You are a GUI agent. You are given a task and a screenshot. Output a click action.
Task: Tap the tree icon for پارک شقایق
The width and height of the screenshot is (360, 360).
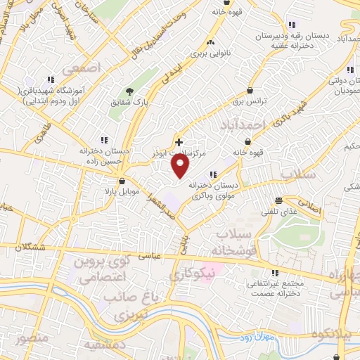129,91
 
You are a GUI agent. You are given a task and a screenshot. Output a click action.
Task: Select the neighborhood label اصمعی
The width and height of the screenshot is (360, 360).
81,69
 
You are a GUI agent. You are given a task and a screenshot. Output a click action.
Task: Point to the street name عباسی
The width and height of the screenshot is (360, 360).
172,256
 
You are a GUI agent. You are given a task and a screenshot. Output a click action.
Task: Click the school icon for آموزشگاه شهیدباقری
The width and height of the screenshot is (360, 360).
50,79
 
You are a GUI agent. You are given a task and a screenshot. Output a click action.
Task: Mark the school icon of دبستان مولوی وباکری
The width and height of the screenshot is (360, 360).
212,175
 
